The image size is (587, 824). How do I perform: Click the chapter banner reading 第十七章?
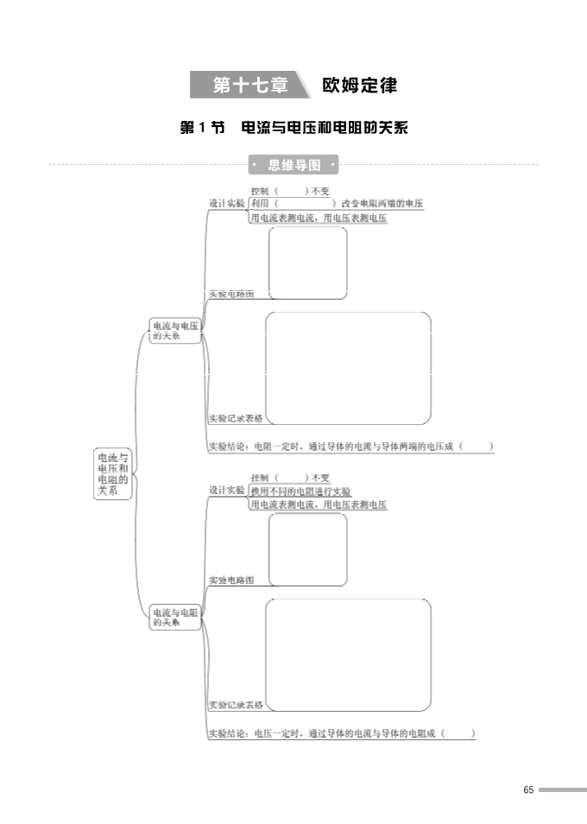pyautogui.click(x=246, y=86)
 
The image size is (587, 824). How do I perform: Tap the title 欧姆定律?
pyautogui.click(x=358, y=86)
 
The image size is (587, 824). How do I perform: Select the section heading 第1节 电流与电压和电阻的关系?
pyautogui.click(x=293, y=128)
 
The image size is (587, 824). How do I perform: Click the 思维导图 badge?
pyautogui.click(x=293, y=164)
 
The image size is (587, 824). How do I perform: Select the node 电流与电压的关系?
pyautogui.click(x=175, y=331)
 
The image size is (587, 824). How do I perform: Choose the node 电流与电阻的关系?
pyautogui.click(x=175, y=617)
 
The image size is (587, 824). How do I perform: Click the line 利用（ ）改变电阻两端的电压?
pyautogui.click(x=337, y=204)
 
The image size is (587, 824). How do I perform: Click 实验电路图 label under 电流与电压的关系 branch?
pyautogui.click(x=231, y=294)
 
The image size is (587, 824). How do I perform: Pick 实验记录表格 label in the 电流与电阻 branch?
pyautogui.click(x=236, y=705)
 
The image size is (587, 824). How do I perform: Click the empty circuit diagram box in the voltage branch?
pyautogui.click(x=308, y=263)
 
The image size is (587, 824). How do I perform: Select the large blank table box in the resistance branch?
pyautogui.click(x=348, y=654)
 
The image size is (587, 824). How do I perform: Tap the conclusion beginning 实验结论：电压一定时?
pyautogui.click(x=342, y=733)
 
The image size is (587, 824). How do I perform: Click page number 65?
pyautogui.click(x=528, y=789)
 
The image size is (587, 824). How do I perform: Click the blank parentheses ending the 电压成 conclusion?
pyautogui.click(x=477, y=447)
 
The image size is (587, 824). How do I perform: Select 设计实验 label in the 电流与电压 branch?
pyautogui.click(x=227, y=204)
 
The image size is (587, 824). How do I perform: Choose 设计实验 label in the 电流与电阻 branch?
pyautogui.click(x=227, y=490)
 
